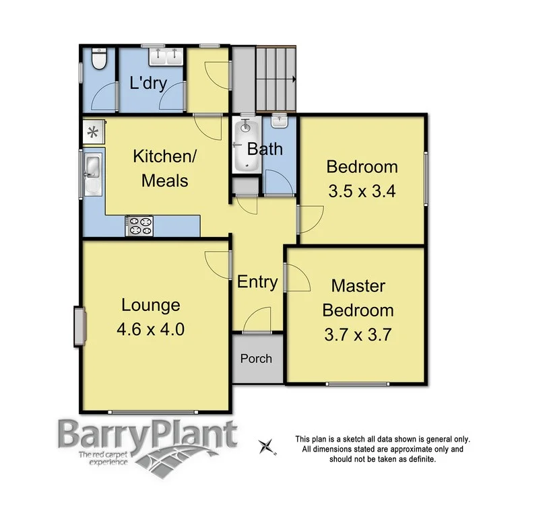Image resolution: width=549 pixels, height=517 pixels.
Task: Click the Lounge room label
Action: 150,305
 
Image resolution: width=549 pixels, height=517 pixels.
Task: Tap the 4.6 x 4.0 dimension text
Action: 150,329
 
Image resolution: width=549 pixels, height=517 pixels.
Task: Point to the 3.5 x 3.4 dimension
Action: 361,191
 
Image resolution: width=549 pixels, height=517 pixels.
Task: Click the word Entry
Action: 257,281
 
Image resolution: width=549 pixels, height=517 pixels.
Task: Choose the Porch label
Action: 257,358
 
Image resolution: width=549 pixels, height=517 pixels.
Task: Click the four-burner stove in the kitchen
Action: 140,226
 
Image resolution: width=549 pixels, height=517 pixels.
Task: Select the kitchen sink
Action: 92,174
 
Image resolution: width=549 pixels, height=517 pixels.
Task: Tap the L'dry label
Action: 148,84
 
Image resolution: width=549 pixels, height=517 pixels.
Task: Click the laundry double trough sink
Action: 164,57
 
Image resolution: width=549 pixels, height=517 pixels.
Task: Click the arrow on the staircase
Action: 294,79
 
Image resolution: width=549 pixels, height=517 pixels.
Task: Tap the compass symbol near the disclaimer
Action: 267,445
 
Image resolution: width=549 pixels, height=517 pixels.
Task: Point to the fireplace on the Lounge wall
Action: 79,325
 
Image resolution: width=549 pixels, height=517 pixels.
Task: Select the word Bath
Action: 264,149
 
